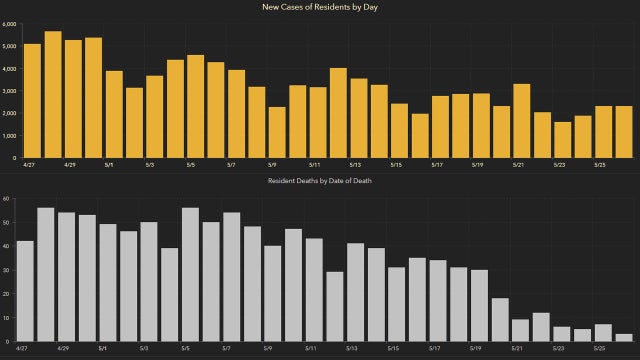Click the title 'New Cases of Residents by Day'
[320, 8]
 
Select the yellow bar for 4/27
[32, 100]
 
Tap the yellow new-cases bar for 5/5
[196, 106]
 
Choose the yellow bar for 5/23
[563, 139]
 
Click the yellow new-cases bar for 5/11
[318, 122]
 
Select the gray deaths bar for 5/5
[190, 274]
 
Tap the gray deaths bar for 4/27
[25, 290]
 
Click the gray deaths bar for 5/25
[603, 332]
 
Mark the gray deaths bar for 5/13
[355, 291]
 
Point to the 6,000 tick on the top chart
[9, 24]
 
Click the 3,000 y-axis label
[9, 91]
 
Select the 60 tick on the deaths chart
[7, 198]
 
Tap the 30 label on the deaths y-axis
[7, 270]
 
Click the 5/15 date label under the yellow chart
[396, 165]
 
